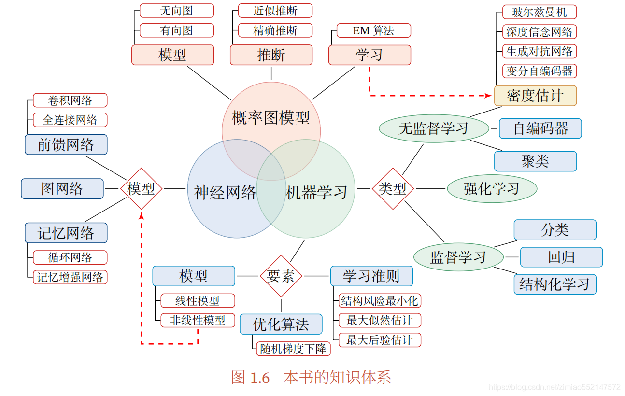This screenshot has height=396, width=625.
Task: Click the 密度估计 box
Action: tap(535, 96)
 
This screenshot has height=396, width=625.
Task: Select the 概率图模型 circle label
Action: tap(270, 117)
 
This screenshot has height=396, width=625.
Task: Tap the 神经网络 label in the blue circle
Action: tap(225, 193)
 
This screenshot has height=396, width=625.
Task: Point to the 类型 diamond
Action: tap(393, 189)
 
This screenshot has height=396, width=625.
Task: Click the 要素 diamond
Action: tap(281, 276)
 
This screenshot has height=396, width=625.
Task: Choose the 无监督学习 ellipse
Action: tap(433, 128)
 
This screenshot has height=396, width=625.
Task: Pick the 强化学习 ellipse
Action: tap(492, 189)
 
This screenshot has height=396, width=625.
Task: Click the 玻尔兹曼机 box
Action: tap(539, 12)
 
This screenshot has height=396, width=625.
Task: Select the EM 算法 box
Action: tap(373, 31)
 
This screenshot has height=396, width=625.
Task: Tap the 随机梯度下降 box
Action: tap(293, 349)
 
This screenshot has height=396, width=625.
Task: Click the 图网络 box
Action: tap(62, 189)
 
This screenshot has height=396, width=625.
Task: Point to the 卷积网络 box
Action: tap(70, 100)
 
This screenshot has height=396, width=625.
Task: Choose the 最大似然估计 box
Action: tap(379, 320)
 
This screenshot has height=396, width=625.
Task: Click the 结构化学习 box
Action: tap(554, 284)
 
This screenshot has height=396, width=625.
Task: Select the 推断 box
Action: tap(271, 55)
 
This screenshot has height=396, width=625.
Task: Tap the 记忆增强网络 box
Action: tap(70, 277)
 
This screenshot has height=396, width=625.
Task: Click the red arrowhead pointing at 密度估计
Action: tap(489, 96)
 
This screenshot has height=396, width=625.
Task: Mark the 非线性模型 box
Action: tap(198, 320)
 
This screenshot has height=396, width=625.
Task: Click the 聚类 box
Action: tap(535, 161)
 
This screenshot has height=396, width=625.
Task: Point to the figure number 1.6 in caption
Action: tap(260, 378)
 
